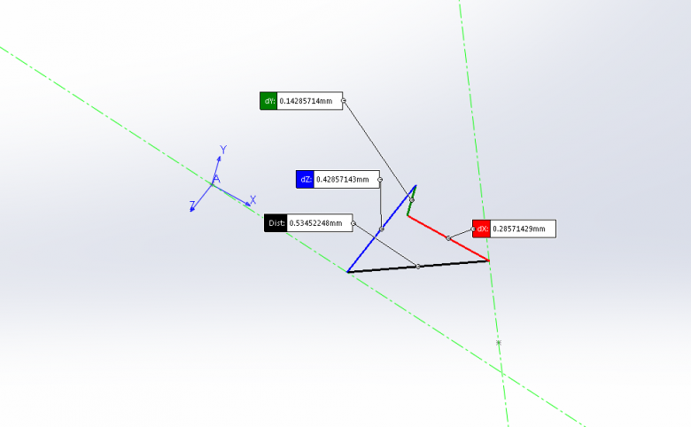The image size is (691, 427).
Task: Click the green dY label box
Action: (x=268, y=101)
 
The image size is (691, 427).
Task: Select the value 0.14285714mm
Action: (x=306, y=101)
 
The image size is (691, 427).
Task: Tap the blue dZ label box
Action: (x=305, y=179)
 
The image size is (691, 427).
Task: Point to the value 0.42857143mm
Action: (x=343, y=179)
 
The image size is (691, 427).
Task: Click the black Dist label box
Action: (x=276, y=223)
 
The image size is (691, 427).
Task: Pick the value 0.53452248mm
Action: (x=315, y=223)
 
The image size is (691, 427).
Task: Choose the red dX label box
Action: (x=481, y=229)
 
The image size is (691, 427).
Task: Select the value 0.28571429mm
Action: (x=518, y=229)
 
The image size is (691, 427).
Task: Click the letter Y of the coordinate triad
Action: (x=223, y=150)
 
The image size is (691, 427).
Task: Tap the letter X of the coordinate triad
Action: (x=253, y=200)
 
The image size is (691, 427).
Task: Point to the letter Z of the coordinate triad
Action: (x=192, y=205)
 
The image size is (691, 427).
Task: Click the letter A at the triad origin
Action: (x=216, y=179)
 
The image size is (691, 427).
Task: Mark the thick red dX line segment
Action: (x=448, y=238)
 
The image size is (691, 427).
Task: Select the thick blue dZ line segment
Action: (x=382, y=229)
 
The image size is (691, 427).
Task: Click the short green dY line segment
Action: (x=412, y=201)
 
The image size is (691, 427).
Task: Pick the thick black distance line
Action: (x=418, y=267)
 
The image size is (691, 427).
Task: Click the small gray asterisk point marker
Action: (x=499, y=342)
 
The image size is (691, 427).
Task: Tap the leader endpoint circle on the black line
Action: (x=418, y=266)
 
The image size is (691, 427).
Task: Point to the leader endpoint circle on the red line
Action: (x=448, y=238)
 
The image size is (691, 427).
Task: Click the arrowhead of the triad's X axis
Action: (x=248, y=204)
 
